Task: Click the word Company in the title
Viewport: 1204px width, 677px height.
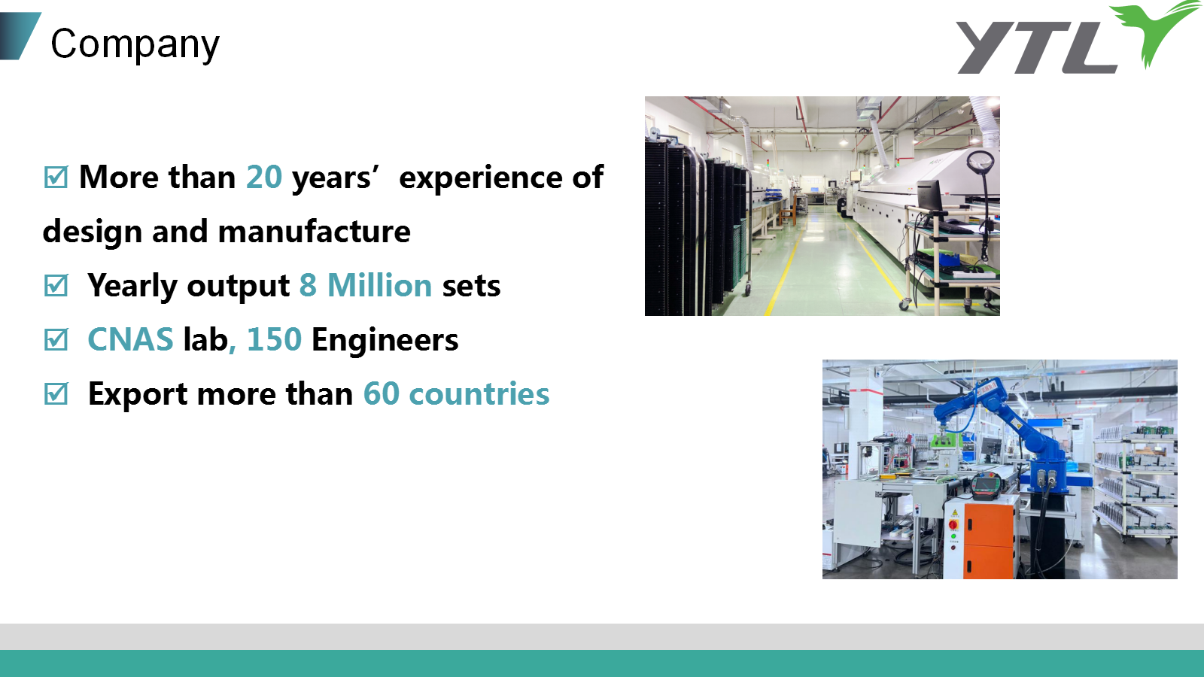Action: pyautogui.click(x=135, y=45)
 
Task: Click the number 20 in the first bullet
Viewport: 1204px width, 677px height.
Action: pyautogui.click(x=264, y=177)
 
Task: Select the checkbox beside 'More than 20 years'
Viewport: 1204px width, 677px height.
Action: pyautogui.click(x=56, y=178)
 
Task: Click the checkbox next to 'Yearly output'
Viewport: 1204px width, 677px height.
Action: pyautogui.click(x=56, y=285)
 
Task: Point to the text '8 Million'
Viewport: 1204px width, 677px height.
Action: pyautogui.click(x=366, y=285)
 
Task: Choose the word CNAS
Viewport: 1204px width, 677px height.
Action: pyautogui.click(x=130, y=339)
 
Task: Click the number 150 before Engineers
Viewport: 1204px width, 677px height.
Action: pyautogui.click(x=274, y=339)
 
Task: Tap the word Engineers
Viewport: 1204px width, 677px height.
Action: pyautogui.click(x=385, y=340)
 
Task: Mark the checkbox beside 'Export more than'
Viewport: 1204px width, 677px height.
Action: pyautogui.click(x=56, y=393)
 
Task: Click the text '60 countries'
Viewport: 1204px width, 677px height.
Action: pyautogui.click(x=456, y=394)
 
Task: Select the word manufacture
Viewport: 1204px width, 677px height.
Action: pyautogui.click(x=315, y=232)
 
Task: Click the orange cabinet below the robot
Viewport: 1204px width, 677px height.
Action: pyautogui.click(x=988, y=540)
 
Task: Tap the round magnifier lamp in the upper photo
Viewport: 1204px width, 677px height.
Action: pyautogui.click(x=981, y=162)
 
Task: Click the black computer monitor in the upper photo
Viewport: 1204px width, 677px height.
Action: pyautogui.click(x=929, y=196)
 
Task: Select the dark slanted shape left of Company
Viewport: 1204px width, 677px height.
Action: pyautogui.click(x=20, y=35)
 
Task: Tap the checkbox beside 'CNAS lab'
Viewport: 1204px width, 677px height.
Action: pyautogui.click(x=56, y=339)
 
